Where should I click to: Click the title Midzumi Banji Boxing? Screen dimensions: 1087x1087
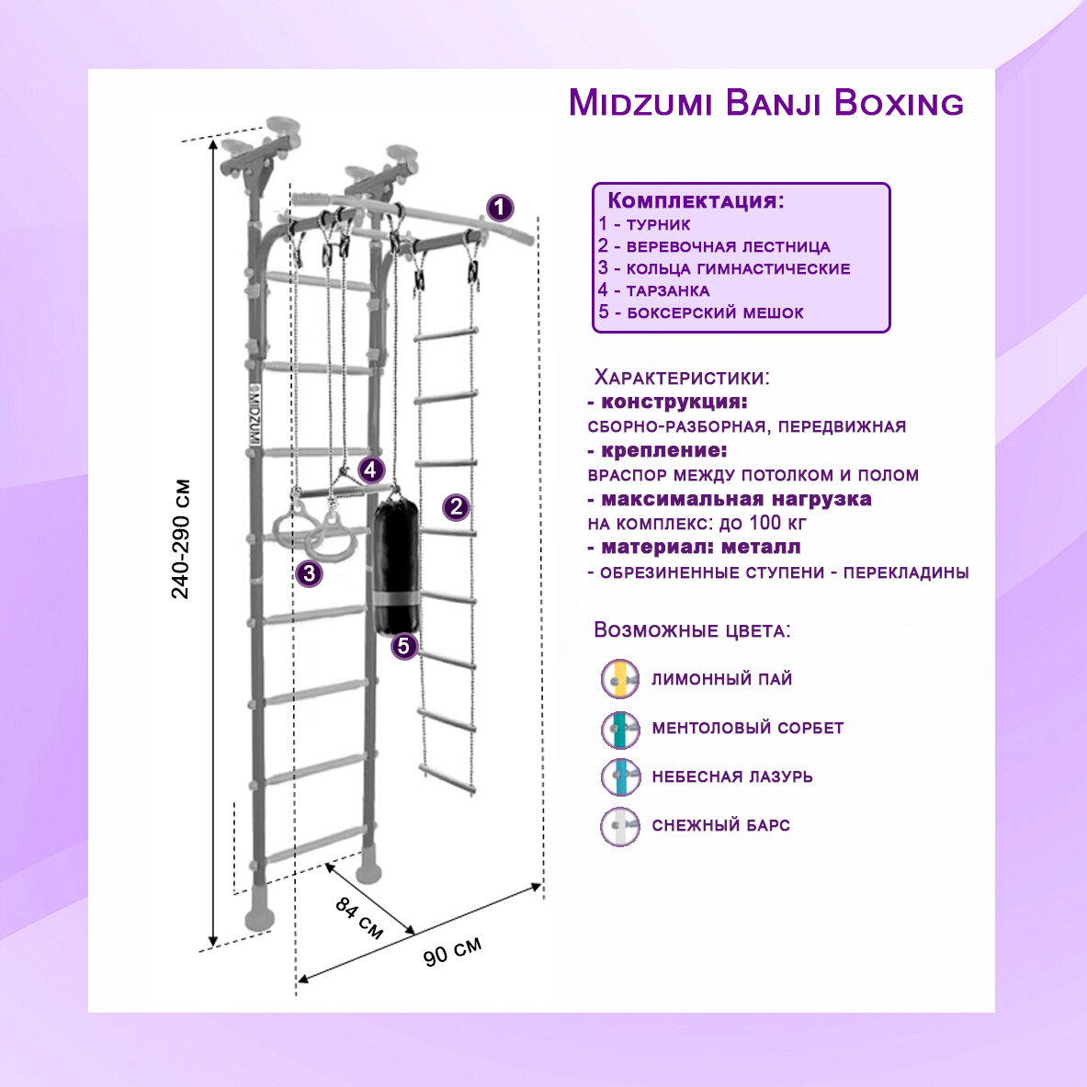point(765,103)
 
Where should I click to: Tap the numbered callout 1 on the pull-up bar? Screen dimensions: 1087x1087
point(499,208)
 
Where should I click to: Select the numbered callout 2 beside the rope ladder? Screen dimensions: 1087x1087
point(456,506)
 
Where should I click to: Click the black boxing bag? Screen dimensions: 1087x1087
point(397,564)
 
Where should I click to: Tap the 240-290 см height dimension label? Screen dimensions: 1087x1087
point(181,538)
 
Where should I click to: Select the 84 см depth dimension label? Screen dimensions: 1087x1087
point(358,917)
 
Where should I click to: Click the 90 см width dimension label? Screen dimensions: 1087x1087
point(452,952)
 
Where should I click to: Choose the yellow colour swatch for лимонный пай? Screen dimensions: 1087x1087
point(620,679)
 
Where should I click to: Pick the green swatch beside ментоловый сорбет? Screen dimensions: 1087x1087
point(620,728)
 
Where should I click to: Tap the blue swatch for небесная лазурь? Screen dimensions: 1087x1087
point(620,776)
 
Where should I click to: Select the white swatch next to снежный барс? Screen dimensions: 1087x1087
point(620,825)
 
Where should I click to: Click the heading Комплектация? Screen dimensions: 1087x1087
point(696,201)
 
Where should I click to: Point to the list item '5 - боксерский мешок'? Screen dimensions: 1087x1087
point(700,312)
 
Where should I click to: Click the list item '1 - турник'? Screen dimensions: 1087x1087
point(644,224)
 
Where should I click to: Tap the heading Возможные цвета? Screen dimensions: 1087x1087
point(692,630)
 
